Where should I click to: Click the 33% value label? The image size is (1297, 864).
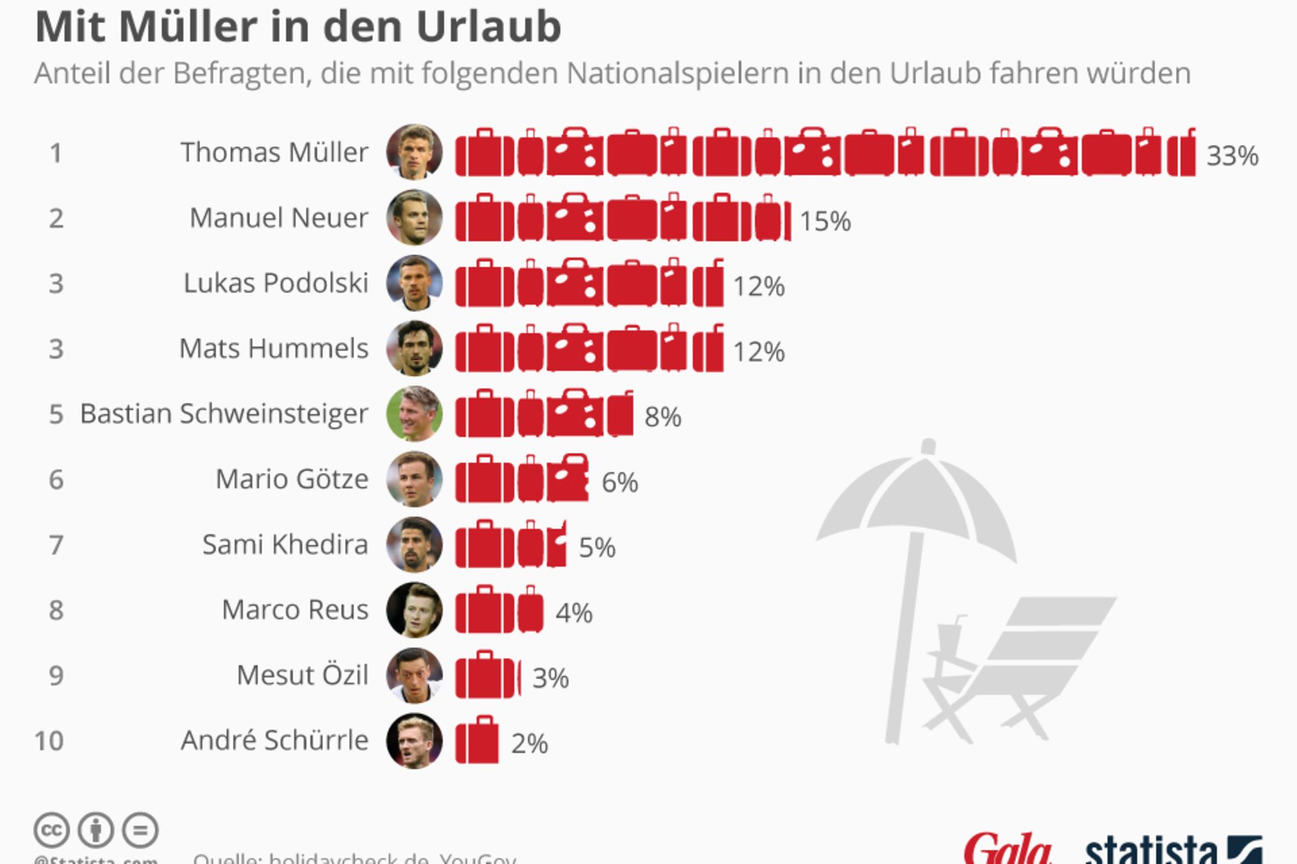(x=1232, y=156)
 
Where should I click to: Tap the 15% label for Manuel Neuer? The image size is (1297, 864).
(x=825, y=222)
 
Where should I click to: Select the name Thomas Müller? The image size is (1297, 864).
(x=274, y=153)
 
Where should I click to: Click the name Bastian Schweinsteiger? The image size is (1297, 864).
(x=224, y=414)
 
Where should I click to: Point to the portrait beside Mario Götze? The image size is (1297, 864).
(x=414, y=479)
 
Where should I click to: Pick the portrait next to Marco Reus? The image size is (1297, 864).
(x=414, y=610)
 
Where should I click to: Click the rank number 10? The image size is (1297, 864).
(x=49, y=741)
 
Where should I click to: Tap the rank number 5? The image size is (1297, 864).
(x=56, y=414)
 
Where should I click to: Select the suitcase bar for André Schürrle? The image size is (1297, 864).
(x=477, y=740)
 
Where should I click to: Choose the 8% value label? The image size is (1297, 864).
(x=662, y=417)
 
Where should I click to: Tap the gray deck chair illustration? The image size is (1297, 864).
(x=1020, y=671)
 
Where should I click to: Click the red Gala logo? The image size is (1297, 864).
(x=1007, y=848)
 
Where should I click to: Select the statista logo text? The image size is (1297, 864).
(x=1151, y=849)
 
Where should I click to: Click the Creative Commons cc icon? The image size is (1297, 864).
(x=51, y=830)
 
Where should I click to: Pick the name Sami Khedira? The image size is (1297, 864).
(x=285, y=545)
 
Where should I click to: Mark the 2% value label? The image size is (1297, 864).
(x=529, y=744)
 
